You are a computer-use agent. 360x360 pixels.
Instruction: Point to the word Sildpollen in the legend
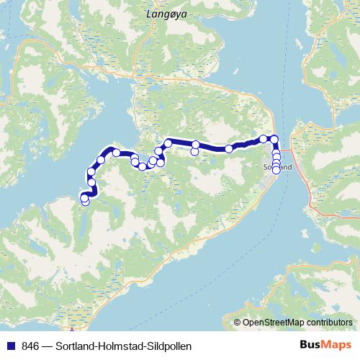pos(168,346)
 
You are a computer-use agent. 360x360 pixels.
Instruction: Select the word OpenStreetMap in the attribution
pos(275,322)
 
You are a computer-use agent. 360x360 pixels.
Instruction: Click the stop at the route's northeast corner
pos(274,139)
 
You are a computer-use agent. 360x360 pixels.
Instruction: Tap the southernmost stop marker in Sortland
pos(276,171)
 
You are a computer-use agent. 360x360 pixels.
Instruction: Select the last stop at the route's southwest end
pos(85,202)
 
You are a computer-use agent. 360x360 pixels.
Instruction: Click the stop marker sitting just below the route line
pos(194,152)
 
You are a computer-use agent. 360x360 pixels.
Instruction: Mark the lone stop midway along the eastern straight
pos(229,148)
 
